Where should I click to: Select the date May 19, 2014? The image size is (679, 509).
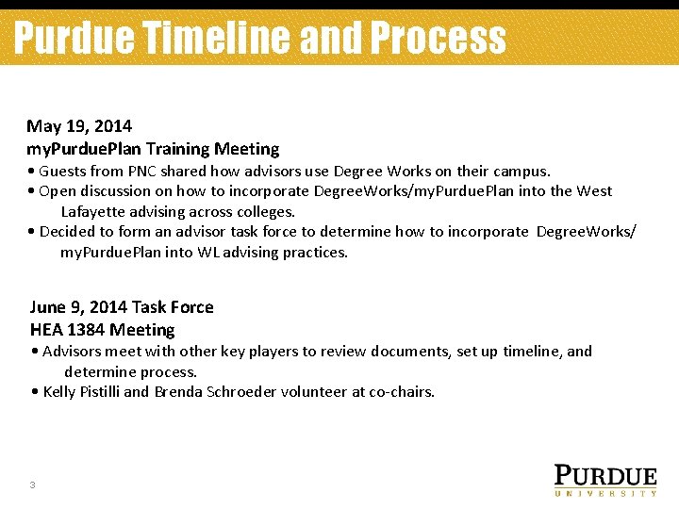click(x=79, y=125)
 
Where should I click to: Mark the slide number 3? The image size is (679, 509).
click(x=32, y=485)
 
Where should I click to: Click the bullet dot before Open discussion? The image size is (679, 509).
click(x=32, y=191)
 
